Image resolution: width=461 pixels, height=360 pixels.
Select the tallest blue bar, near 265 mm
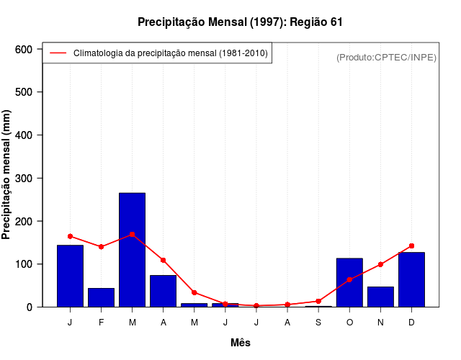point(132,249)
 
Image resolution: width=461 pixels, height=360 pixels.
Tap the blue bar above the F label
point(101,297)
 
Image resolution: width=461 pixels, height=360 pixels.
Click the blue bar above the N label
point(380,297)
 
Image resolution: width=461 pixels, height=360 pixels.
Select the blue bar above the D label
point(411,279)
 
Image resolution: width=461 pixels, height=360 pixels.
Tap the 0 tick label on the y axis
point(30,307)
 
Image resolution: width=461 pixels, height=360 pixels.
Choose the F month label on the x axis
point(101,323)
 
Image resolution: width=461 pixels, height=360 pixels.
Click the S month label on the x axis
point(318,323)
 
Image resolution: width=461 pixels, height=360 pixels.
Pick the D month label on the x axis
point(411,323)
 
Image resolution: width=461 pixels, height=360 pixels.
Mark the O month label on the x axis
point(349,323)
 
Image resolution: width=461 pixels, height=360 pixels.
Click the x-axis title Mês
point(241,343)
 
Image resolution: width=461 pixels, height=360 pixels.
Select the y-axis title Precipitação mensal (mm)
point(7,175)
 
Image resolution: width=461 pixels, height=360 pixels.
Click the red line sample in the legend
point(58,53)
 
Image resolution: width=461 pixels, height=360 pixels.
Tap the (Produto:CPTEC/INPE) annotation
point(386,57)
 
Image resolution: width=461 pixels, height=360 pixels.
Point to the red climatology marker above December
point(411,246)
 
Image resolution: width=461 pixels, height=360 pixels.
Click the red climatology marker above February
point(101,246)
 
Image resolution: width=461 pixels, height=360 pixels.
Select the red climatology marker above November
point(380,264)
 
